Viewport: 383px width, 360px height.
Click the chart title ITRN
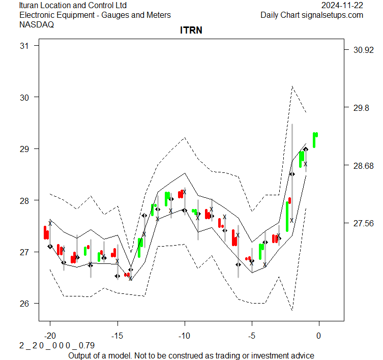[x=191, y=31]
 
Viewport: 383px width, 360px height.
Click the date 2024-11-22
[x=342, y=5]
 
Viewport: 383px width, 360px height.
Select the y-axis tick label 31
[x=24, y=46]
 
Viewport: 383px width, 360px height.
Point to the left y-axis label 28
[x=24, y=200]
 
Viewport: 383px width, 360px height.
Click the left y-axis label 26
[x=24, y=304]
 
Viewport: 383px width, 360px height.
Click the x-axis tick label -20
[x=50, y=336]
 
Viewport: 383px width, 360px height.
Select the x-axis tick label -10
[x=184, y=336]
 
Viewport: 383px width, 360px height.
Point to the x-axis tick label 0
[x=319, y=336]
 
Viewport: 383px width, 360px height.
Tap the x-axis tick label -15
[x=117, y=336]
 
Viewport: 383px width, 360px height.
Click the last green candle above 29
[x=315, y=139]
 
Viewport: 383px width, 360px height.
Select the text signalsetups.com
[x=333, y=15]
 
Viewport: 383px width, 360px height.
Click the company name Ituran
[x=31, y=5]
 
